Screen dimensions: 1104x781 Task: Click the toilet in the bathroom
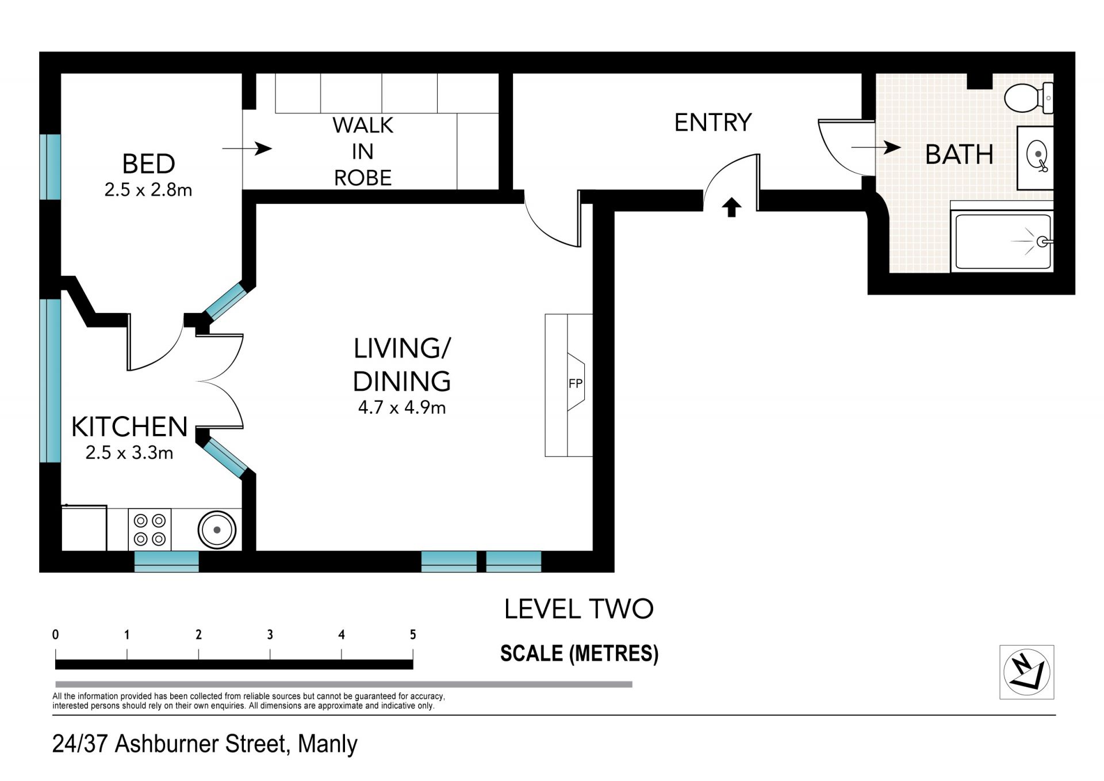1028,98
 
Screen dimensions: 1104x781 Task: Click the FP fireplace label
575,383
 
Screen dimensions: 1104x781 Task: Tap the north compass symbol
1026,672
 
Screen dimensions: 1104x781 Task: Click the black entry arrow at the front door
731,207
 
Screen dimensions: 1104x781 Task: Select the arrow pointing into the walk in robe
247,148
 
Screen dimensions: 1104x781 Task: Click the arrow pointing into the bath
876,147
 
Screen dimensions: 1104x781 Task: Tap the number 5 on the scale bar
413,634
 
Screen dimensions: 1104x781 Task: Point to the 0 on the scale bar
55,634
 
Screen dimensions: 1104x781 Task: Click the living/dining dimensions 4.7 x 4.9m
402,407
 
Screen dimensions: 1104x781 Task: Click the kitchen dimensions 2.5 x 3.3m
129,452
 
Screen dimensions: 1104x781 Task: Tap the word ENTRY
713,123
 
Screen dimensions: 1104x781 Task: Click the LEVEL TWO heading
579,609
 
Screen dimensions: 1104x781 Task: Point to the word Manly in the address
328,744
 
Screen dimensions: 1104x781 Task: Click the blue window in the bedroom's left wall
50,167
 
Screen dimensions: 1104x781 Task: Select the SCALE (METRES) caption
579,653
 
